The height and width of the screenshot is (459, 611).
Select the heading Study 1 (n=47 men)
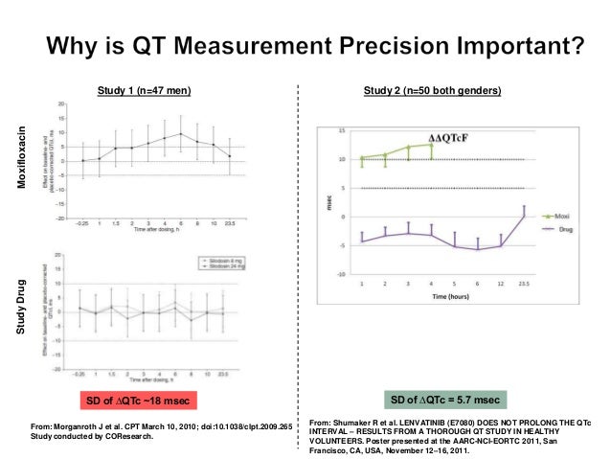(144, 91)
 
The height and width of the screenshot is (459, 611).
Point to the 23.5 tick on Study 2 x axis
(524, 285)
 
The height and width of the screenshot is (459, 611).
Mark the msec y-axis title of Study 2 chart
(328, 202)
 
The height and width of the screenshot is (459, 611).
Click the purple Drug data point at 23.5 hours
(524, 216)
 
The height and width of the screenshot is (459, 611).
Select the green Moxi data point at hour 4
(431, 145)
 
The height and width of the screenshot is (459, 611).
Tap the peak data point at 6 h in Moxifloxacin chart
(181, 134)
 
